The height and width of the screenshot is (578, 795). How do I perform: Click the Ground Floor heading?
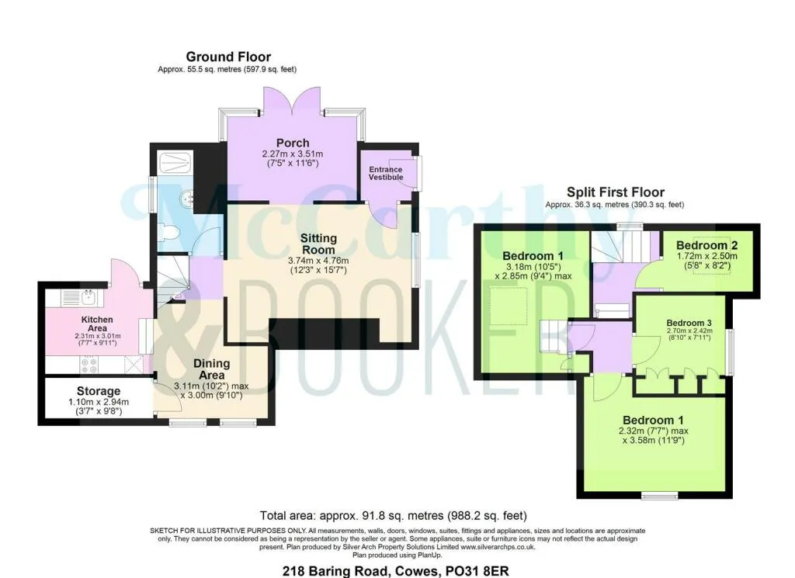228,57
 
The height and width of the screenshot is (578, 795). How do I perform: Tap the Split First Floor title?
615,192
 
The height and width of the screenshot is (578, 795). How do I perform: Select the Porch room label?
293,143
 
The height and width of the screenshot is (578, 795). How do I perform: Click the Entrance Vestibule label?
386,173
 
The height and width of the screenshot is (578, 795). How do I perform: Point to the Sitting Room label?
318,244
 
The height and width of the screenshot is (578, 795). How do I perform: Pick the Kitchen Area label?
97,324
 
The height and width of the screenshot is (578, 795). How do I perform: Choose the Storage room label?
99,391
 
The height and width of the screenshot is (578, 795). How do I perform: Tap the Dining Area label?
211,369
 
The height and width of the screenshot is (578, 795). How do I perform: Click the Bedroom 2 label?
706,245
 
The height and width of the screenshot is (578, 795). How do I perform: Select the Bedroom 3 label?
689,323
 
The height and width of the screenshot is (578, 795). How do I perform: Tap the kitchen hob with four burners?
89,365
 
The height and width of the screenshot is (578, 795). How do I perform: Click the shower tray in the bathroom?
175,163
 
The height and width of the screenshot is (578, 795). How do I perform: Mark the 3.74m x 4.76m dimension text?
318,261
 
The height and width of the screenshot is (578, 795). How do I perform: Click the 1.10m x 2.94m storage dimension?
99,402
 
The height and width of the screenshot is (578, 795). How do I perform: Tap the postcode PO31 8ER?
477,571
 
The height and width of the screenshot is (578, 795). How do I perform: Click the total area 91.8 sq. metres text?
393,516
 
